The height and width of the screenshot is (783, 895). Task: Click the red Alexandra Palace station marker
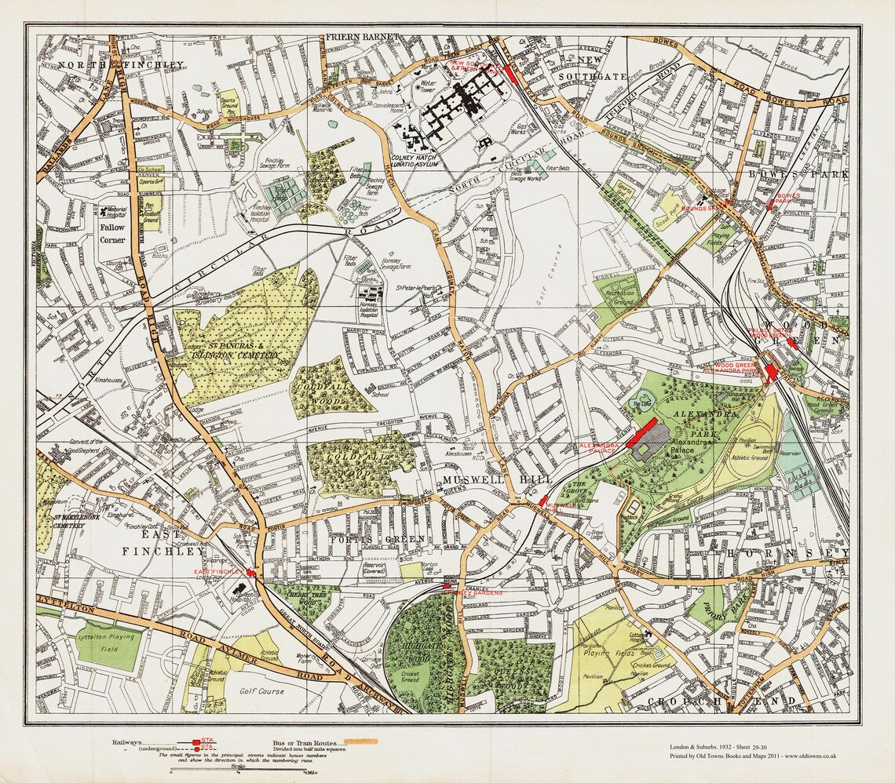coord(641,433)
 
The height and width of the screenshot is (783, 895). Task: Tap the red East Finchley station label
coord(219,573)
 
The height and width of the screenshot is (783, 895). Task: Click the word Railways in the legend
coord(129,742)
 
